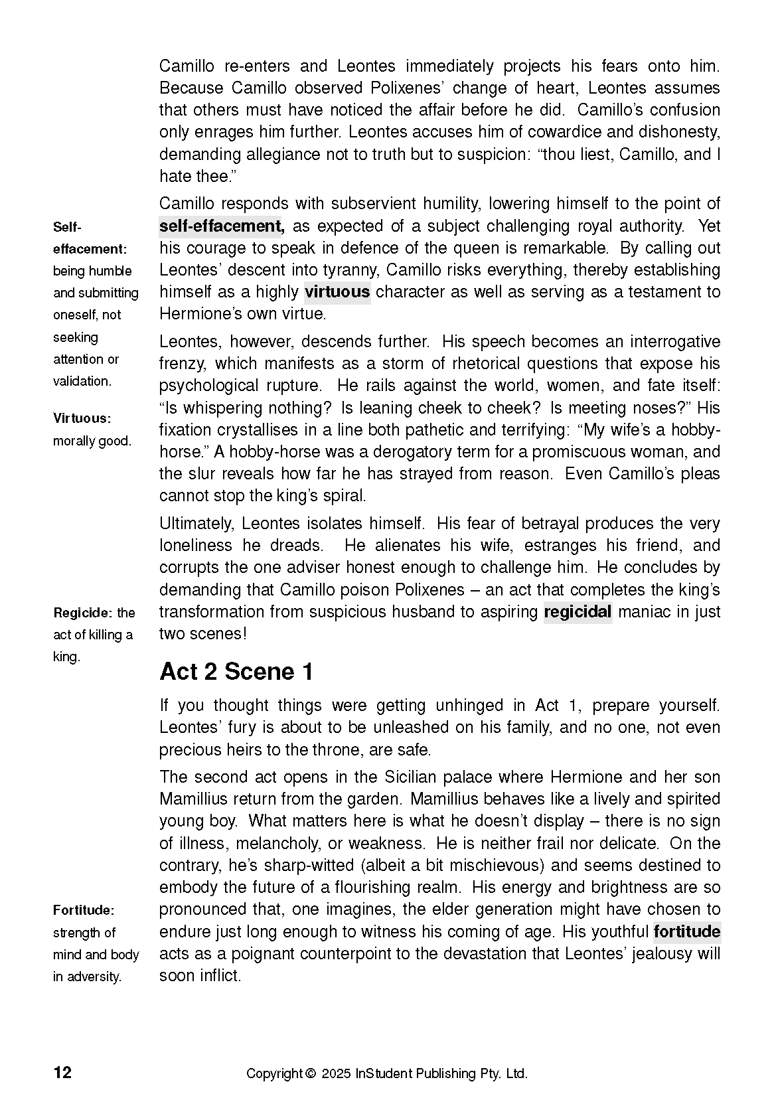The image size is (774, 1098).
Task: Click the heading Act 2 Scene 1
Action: click(x=236, y=671)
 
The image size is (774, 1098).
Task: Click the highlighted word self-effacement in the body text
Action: click(x=222, y=226)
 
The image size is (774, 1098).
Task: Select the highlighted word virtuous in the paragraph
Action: click(x=337, y=291)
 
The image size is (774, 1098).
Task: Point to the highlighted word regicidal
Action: click(x=577, y=611)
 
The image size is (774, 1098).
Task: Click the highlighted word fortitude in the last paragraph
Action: click(x=686, y=931)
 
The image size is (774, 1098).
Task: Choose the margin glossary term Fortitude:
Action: click(x=84, y=909)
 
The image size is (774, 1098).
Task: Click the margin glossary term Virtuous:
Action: click(x=82, y=418)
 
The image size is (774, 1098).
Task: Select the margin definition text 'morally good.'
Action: click(x=92, y=441)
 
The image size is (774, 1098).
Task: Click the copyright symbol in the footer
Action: click(x=309, y=1073)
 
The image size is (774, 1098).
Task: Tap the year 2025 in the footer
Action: click(x=337, y=1073)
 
